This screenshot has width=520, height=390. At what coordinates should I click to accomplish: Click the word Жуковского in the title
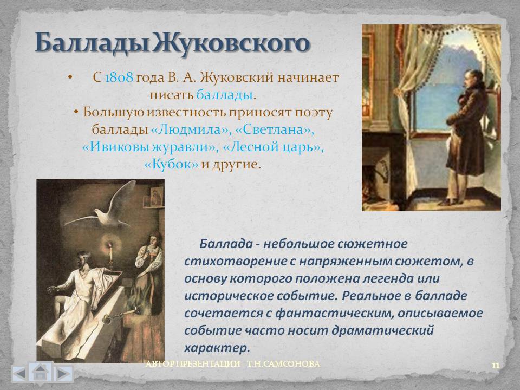(x=231, y=43)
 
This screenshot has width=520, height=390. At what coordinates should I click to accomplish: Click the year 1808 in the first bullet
(x=119, y=77)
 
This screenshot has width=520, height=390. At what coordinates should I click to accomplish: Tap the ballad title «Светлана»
(x=274, y=129)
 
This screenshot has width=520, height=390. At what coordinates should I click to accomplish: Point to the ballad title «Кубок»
(x=172, y=164)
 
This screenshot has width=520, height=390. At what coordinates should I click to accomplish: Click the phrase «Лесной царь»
(x=273, y=147)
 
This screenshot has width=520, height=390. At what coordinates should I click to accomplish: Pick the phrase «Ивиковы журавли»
(x=151, y=147)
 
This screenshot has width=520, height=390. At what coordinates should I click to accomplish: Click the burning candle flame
(x=110, y=246)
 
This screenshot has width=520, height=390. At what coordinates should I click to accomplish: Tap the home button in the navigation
(x=40, y=373)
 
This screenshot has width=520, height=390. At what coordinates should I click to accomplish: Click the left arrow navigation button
(x=19, y=374)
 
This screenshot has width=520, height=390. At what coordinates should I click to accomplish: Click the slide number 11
(x=496, y=366)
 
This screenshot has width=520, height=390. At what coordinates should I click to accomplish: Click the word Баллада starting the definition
(x=226, y=244)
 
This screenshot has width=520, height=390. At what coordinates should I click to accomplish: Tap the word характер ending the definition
(x=217, y=348)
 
